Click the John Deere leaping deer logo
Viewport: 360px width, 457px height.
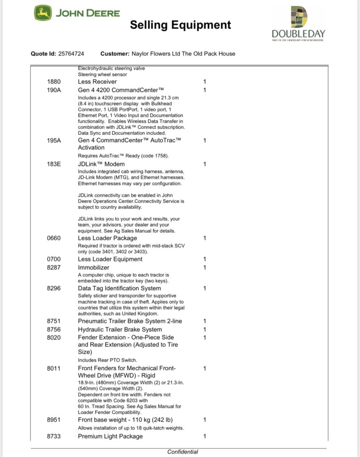(x=43, y=13)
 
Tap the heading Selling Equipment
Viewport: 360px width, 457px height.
(x=180, y=25)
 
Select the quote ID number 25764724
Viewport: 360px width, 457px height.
(x=71, y=54)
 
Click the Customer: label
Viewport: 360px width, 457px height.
(x=115, y=54)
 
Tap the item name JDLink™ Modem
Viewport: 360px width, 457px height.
(x=101, y=164)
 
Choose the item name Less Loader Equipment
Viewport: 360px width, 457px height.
(x=110, y=259)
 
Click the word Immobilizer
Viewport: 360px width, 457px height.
(x=94, y=267)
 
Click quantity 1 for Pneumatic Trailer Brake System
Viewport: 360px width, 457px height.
(x=205, y=321)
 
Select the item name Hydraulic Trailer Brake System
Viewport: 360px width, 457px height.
(x=120, y=329)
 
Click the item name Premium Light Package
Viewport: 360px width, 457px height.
(x=110, y=436)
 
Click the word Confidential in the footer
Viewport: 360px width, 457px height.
(x=182, y=452)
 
